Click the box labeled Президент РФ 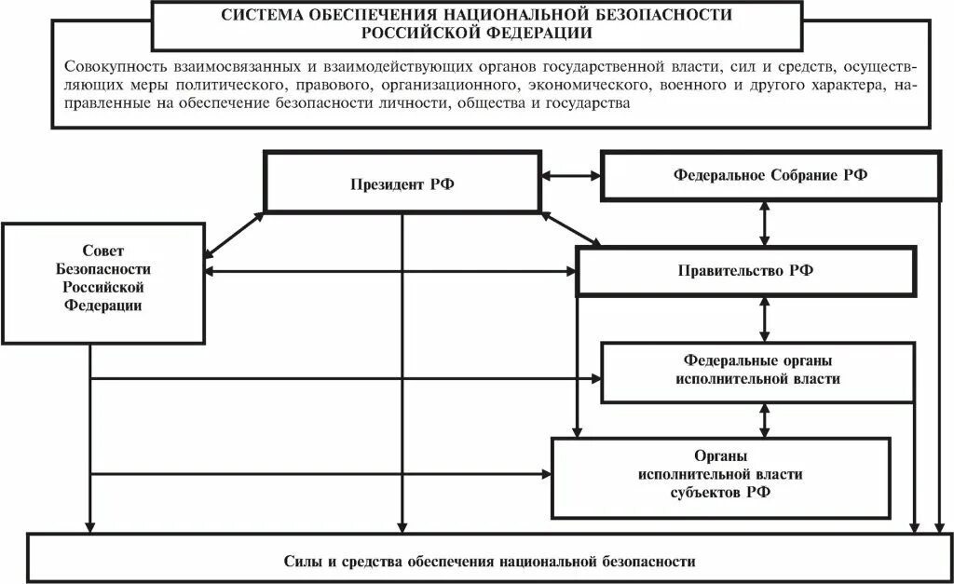click(x=402, y=183)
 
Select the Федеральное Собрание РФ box click(x=770, y=175)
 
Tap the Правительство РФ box click(x=744, y=271)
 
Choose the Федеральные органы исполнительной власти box click(x=757, y=371)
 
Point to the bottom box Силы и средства click(x=489, y=562)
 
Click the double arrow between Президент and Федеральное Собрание click(x=571, y=174)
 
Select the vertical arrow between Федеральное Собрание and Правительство click(x=765, y=223)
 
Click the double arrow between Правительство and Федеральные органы click(x=765, y=319)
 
